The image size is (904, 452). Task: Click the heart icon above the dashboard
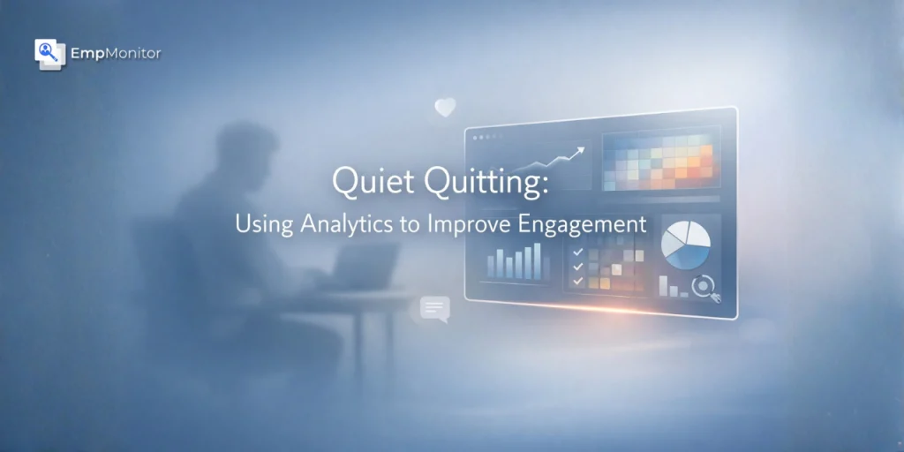pyautogui.click(x=445, y=108)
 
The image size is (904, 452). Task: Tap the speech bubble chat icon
pyautogui.click(x=435, y=308)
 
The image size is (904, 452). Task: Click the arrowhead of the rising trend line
pyautogui.click(x=579, y=152)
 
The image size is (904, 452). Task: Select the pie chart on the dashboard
pyautogui.click(x=685, y=244)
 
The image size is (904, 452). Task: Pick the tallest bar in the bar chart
pyautogui.click(x=538, y=260)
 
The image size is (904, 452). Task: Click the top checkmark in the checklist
pyautogui.click(x=577, y=252)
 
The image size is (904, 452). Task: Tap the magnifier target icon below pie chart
pyautogui.click(x=704, y=287)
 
